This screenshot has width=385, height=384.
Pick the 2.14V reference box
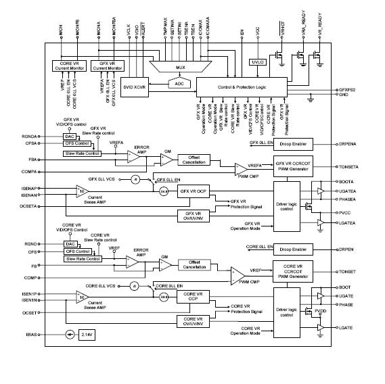coord(85,335)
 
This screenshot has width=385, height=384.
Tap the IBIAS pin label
coord(31,334)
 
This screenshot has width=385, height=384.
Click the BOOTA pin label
coord(347,183)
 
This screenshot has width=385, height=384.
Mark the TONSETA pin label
coord(350,166)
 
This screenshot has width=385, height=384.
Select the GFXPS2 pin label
coord(349,90)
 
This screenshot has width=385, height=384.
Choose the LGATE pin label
coord(346,327)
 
